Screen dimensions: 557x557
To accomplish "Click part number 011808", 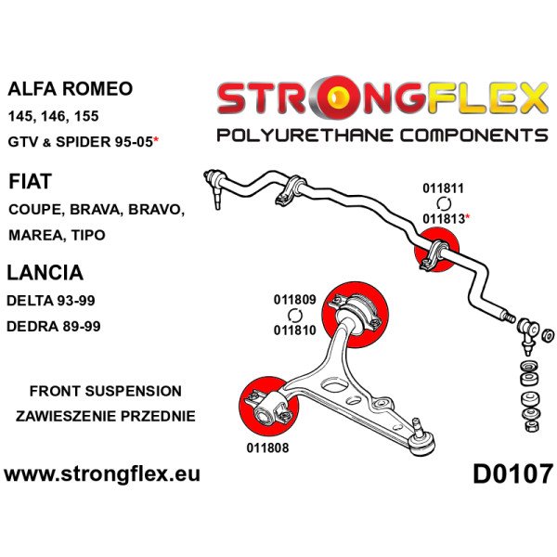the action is pos(267,447).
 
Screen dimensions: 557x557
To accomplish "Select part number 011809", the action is pos(295,300).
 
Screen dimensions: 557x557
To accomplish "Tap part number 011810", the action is pos(295,330).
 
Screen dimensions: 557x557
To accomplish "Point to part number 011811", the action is pos(443,188).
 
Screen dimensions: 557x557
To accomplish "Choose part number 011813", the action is pos(444,219).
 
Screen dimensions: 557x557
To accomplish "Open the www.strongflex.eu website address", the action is pos(102,474).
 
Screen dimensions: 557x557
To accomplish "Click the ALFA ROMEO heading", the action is pos(70,88).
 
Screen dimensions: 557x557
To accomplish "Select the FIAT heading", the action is pos(31,181).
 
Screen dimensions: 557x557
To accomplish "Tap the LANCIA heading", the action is pos(45,272).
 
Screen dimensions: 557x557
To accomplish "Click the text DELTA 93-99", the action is pos(51,301).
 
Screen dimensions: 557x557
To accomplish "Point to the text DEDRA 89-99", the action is pos(54,326).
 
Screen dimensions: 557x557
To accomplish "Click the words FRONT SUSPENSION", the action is pos(106,391).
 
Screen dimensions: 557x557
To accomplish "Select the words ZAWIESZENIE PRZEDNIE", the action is pos(106,416).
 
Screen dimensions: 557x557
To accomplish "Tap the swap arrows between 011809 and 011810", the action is pos(294,315).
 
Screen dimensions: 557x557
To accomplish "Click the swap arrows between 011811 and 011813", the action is pos(444,203).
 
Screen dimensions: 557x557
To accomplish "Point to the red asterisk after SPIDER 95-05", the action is pos(156,141).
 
